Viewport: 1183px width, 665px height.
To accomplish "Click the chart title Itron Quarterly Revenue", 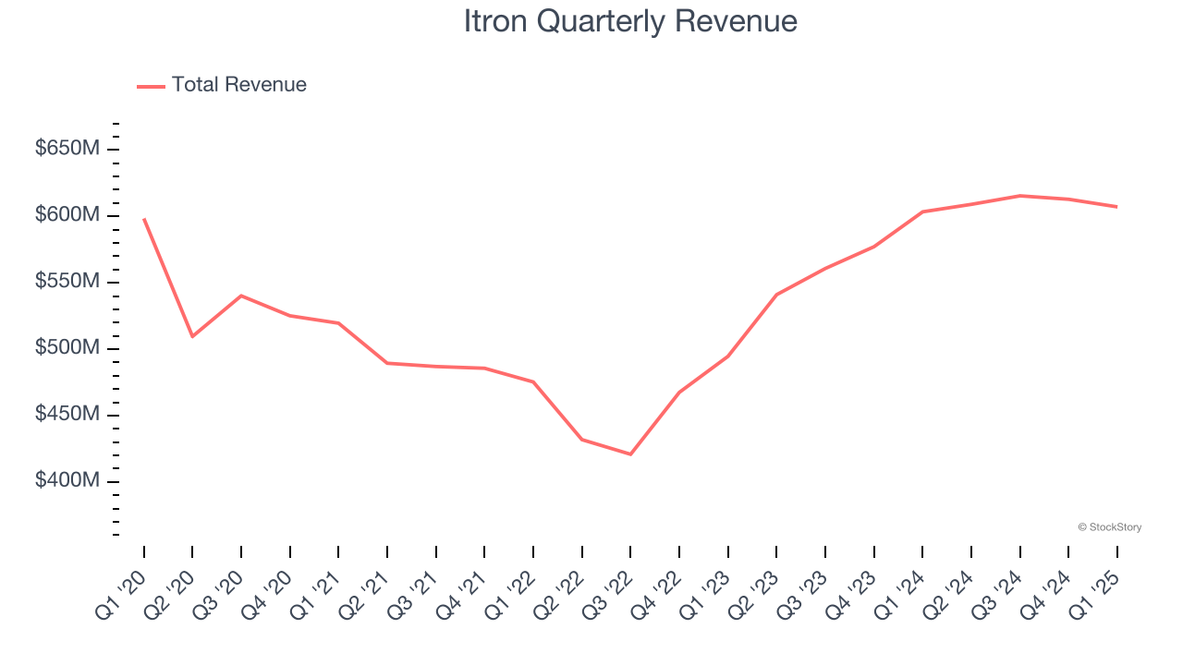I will coord(630,21).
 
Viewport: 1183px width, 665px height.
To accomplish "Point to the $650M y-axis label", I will coord(67,149).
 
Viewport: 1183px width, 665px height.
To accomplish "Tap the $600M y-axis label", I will coord(67,215).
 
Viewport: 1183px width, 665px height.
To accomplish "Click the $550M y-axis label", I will coord(67,282).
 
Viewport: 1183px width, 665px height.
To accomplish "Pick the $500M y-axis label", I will coord(67,348).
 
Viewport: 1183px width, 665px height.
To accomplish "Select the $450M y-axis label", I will coord(67,415).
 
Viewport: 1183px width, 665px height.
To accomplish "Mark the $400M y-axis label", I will coord(67,481).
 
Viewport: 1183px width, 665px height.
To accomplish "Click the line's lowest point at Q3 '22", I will coord(630,454).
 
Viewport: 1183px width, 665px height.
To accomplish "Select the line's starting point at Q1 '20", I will coord(144,219).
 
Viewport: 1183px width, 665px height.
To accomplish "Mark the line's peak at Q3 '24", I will coord(1019,196).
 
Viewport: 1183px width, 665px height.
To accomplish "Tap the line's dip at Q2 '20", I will coord(192,336).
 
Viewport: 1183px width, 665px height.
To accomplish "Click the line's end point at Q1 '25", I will coord(1116,207).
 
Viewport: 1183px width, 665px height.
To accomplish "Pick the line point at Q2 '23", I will coord(776,295).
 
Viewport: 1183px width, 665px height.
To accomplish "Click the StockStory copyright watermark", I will coord(1109,527).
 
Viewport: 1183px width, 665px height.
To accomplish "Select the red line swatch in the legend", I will coord(151,86).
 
